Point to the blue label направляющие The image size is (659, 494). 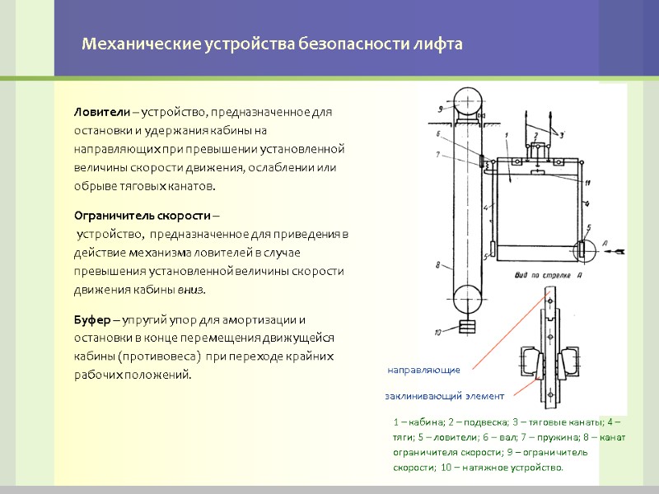click(423, 370)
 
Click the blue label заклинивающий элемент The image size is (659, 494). click(444, 396)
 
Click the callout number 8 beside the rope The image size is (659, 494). click(439, 265)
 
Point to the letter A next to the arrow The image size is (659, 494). click(604, 244)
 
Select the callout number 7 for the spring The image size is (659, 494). click(440, 154)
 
